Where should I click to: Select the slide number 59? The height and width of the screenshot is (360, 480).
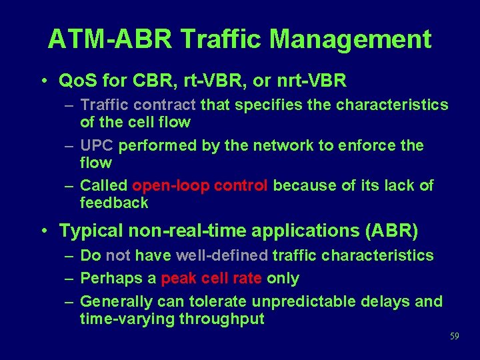pyautogui.click(x=454, y=337)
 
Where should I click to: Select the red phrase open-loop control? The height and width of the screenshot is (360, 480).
pyautogui.click(x=200, y=185)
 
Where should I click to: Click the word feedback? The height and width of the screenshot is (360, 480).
pyautogui.click(x=114, y=203)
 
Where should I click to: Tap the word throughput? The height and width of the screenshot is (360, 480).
pyautogui.click(x=222, y=319)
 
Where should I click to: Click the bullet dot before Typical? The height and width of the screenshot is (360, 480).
pyautogui.click(x=42, y=231)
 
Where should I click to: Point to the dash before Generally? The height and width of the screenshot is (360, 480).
pyautogui.click(x=69, y=301)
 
